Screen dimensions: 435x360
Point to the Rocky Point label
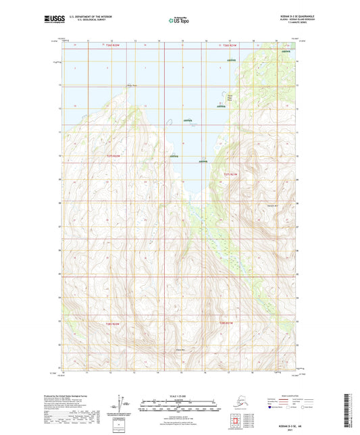tap(132, 85)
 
